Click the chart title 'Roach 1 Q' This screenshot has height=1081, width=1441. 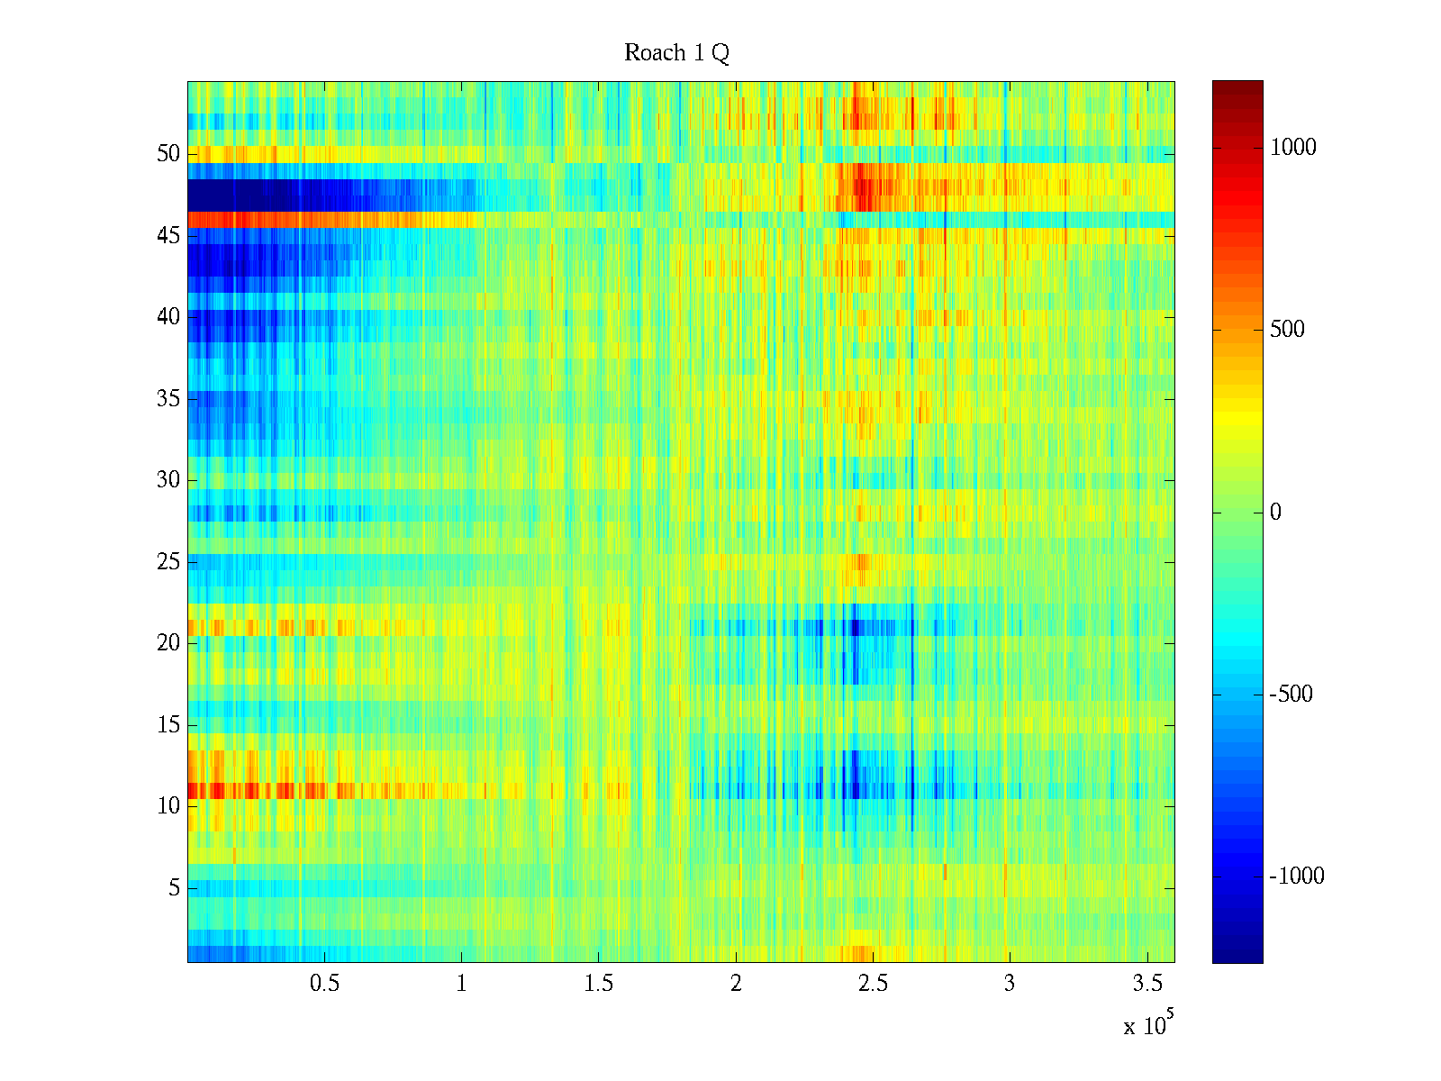[676, 54]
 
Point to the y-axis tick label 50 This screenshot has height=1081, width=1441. [168, 154]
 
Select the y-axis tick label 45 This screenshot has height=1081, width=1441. [168, 236]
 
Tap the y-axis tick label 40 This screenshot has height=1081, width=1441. [168, 317]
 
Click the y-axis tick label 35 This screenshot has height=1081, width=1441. [168, 399]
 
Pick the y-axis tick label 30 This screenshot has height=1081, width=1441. [168, 480]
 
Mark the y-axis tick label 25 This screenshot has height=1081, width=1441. [168, 562]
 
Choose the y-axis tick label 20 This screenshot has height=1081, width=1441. [168, 643]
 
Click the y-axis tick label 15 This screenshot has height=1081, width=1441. [168, 725]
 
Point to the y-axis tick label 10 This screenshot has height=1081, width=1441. [168, 806]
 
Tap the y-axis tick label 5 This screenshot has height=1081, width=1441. [174, 888]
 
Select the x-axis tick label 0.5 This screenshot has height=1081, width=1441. [324, 984]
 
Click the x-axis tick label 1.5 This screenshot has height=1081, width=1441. [598, 984]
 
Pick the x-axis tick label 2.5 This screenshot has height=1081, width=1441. [873, 984]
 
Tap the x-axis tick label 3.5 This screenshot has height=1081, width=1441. [1146, 984]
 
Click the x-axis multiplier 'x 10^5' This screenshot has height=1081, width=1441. [1148, 1024]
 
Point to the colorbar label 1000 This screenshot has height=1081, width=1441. [1292, 148]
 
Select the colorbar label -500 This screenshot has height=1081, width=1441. [1291, 695]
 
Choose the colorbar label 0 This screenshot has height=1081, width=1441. [1275, 513]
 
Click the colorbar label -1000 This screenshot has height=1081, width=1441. [1296, 877]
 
